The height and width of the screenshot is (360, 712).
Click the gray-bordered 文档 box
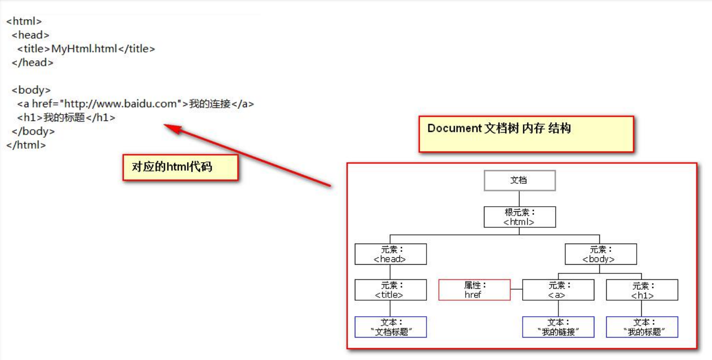520,180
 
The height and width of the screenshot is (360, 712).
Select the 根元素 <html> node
520,217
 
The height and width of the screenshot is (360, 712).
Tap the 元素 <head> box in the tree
390,254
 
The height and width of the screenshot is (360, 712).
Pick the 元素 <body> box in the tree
600,254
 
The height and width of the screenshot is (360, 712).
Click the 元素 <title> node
390,290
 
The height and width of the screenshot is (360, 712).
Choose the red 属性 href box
474,290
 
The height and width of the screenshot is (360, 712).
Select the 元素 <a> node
558,290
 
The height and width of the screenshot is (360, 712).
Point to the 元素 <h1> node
642,290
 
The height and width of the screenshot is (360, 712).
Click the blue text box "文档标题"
390,327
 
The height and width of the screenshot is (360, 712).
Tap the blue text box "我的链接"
558,327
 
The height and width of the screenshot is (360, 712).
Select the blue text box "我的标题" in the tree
642,327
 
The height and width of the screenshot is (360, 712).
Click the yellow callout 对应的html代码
180,167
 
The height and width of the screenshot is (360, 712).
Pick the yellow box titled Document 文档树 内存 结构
526,134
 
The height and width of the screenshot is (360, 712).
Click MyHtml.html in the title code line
84,49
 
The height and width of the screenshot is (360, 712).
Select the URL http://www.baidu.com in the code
120,104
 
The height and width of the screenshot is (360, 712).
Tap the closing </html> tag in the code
26,145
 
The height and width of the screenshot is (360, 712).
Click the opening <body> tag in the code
31,90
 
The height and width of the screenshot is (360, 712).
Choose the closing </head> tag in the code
32,63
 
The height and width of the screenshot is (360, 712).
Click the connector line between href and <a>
516,289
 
